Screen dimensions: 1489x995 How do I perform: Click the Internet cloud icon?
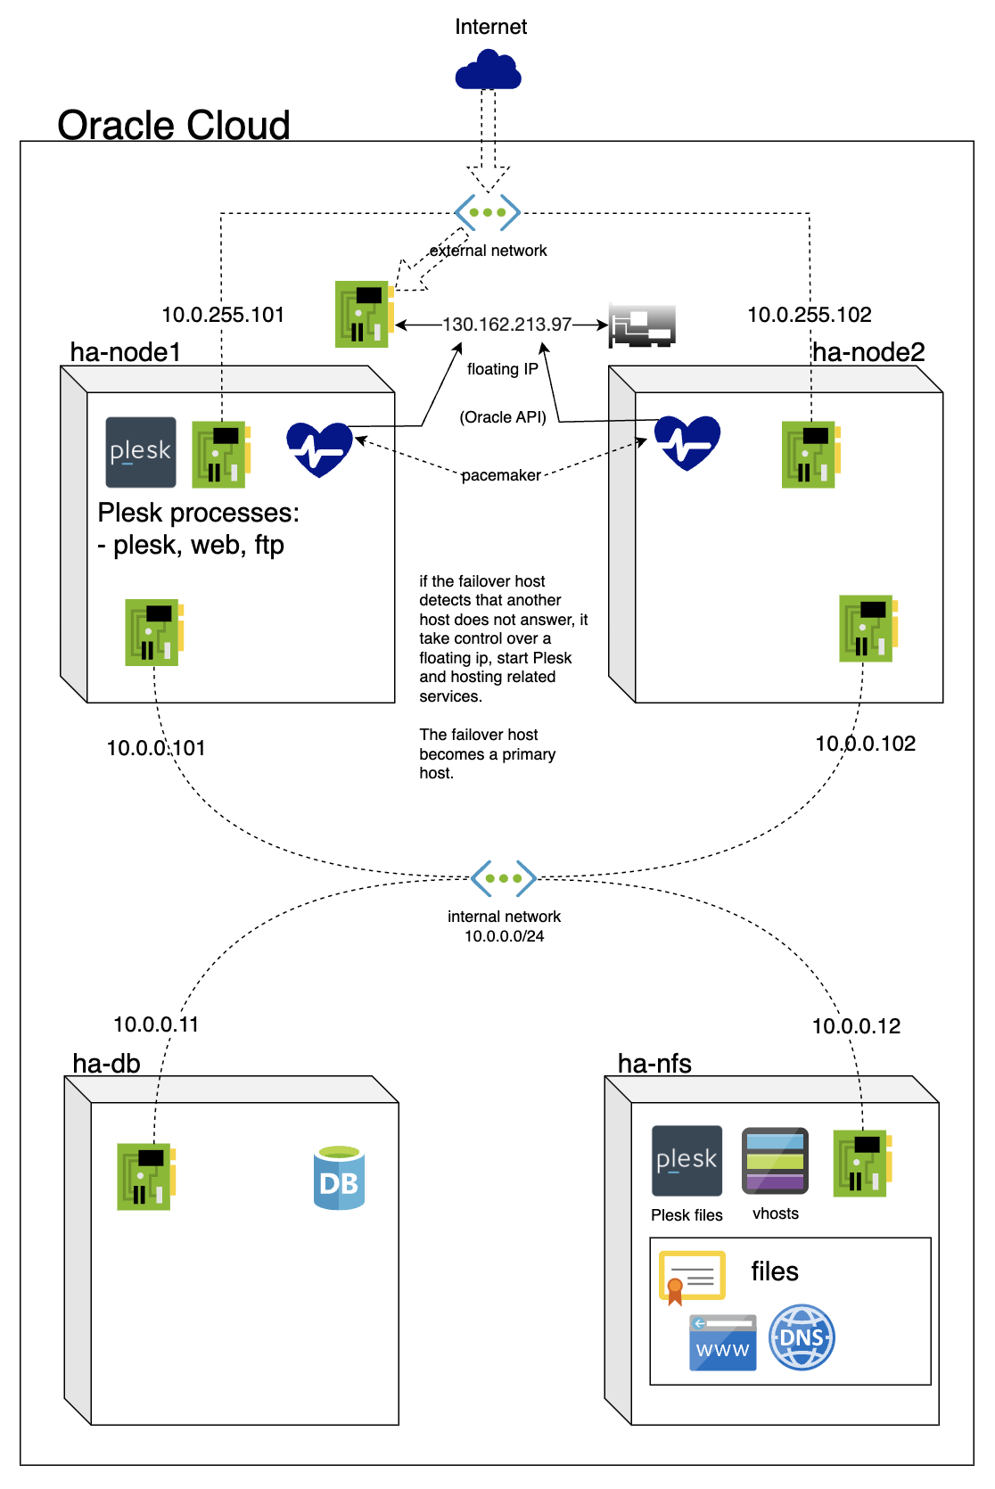488,70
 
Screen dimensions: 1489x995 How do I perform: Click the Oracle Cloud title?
174,126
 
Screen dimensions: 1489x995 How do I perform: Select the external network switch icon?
488,212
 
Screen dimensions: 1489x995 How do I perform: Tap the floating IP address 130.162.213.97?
506,325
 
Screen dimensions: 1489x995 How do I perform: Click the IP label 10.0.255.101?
223,315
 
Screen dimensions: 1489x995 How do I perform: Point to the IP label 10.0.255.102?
809,315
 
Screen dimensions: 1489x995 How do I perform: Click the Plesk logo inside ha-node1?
141,452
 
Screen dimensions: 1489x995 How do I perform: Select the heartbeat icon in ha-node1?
319,448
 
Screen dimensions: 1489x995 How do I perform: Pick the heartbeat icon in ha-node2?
687,442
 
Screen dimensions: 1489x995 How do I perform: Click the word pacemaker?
501,475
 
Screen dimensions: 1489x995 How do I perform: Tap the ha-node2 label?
868,352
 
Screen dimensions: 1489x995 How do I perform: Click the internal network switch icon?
504,878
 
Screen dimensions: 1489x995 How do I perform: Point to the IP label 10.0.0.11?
156,1024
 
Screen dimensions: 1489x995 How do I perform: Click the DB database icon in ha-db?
340,1179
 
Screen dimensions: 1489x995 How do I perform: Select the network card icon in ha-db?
145,1177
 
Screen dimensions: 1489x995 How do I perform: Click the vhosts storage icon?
776,1161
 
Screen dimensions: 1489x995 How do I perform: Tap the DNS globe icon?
802,1337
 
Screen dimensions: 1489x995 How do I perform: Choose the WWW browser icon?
722,1343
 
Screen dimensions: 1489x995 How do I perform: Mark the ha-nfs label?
654,1064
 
